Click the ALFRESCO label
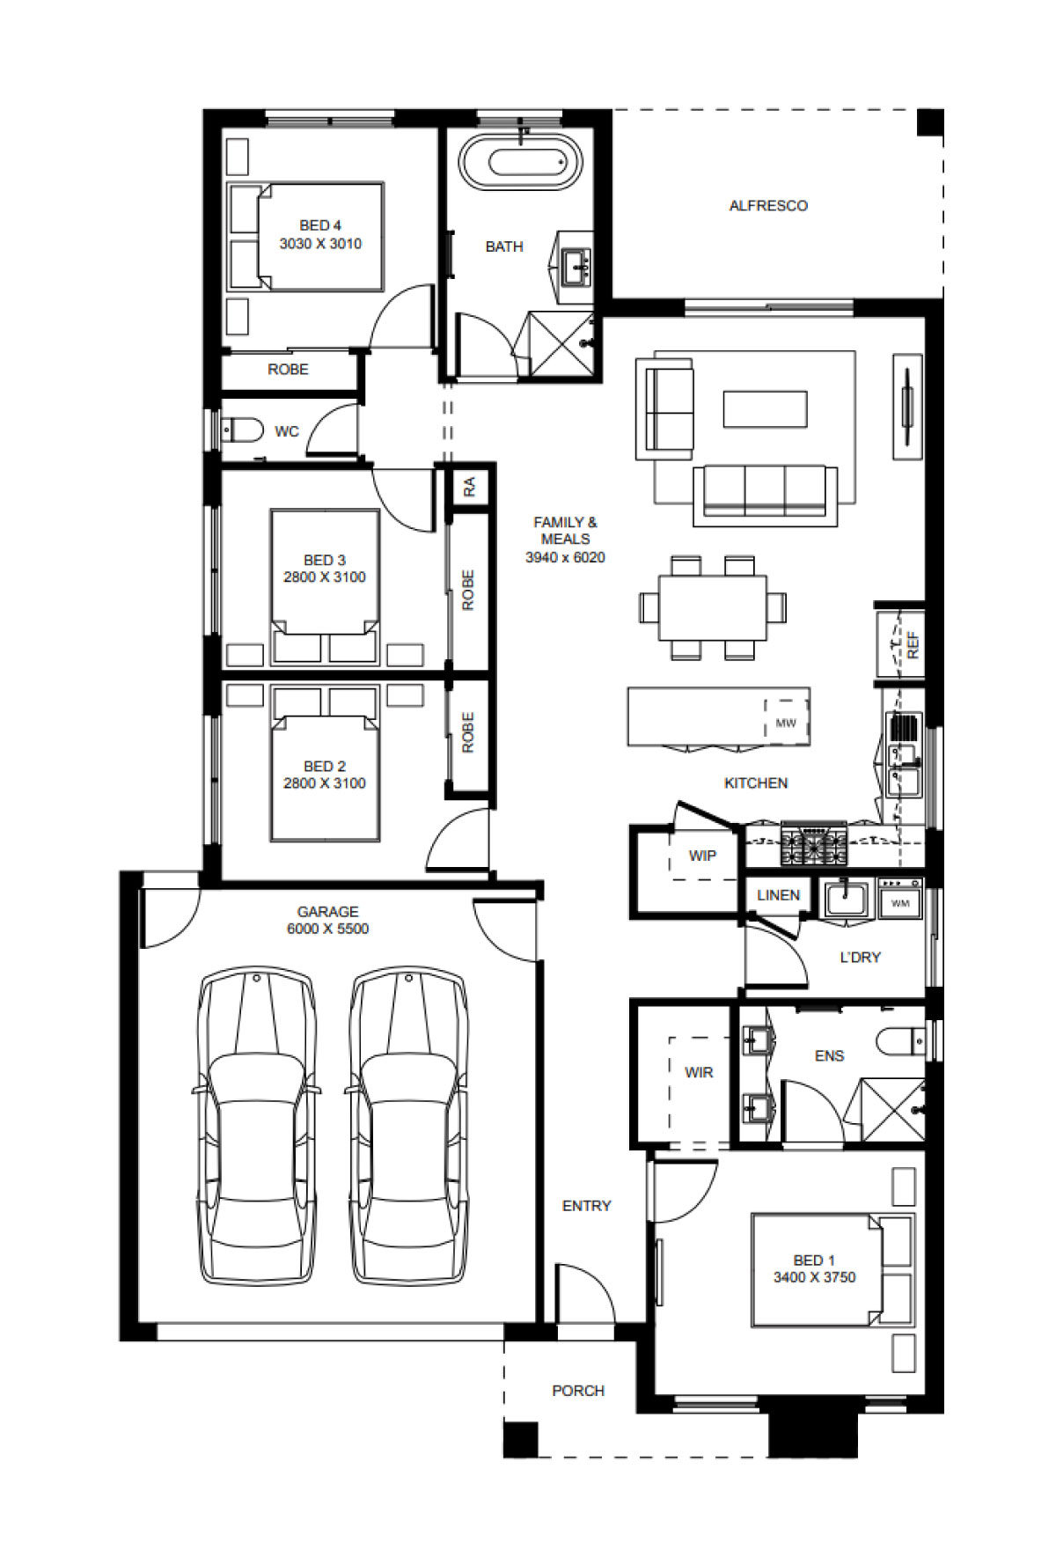[x=768, y=206]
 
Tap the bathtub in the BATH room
[x=523, y=160]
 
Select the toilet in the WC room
[x=244, y=430]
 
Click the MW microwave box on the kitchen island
[x=786, y=723]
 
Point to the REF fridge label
[x=913, y=645]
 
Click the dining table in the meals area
[x=713, y=607]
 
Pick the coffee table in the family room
[x=765, y=409]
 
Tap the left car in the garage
[x=256, y=1127]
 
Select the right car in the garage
[x=409, y=1127]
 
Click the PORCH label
[x=578, y=1391]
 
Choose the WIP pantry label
[x=702, y=856]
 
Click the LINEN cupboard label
[x=778, y=895]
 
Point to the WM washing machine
[x=900, y=900]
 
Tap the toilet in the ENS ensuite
[x=900, y=1040]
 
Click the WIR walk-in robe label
[x=699, y=1072]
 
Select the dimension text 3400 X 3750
[x=815, y=1277]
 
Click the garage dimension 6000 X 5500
[x=327, y=929]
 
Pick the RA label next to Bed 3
[x=469, y=486]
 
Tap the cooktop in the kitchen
[x=814, y=846]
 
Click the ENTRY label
[x=586, y=1206]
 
